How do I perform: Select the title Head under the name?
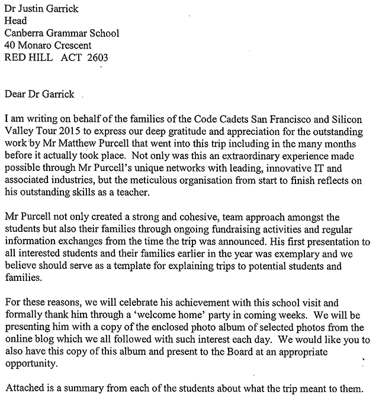[15, 21]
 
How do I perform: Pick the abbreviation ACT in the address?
[72, 57]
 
